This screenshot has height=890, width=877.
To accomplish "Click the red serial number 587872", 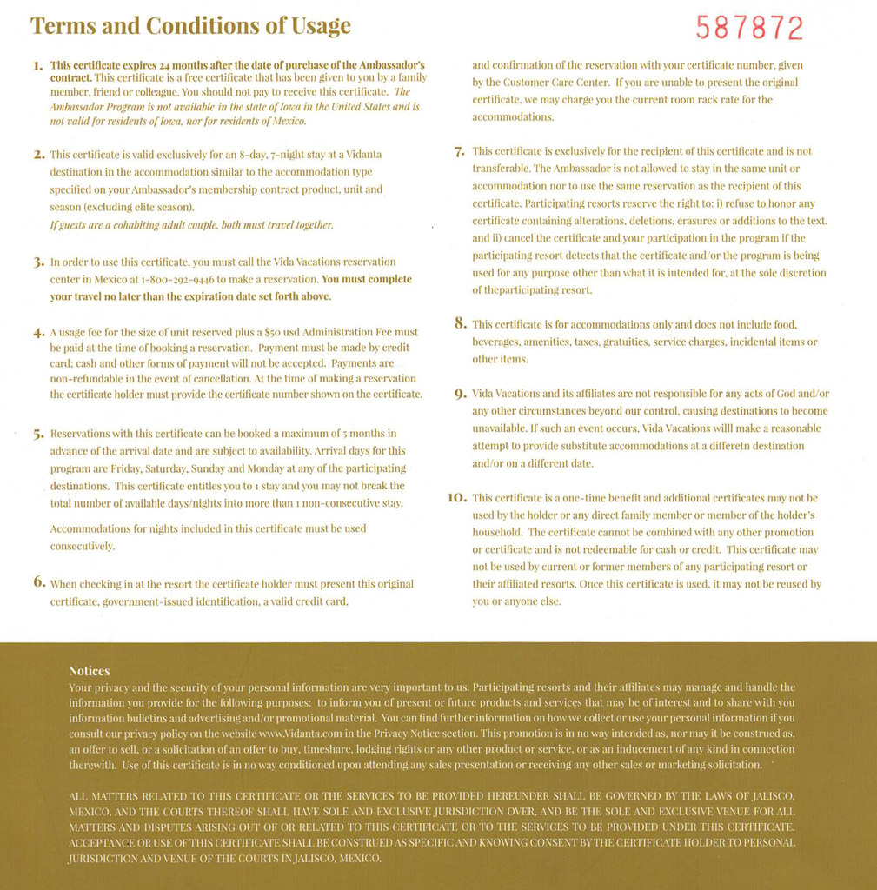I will click(x=749, y=29).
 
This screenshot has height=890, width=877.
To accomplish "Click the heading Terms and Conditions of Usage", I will click(x=190, y=26).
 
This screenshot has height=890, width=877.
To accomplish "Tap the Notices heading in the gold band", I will click(x=90, y=671).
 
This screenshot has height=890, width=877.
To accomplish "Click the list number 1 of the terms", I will click(x=37, y=65).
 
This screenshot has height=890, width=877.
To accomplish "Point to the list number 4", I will click(x=38, y=332).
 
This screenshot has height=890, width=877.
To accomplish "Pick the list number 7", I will click(x=460, y=152).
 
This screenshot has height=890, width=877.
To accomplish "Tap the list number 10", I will click(x=457, y=497).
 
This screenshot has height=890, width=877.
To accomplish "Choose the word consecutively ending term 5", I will click(x=83, y=547).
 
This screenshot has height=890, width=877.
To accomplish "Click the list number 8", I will click(x=461, y=323).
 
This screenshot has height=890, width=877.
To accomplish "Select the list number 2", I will click(x=38, y=155).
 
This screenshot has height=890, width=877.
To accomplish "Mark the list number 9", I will click(x=461, y=394).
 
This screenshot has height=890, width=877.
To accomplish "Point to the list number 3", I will click(x=38, y=262).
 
